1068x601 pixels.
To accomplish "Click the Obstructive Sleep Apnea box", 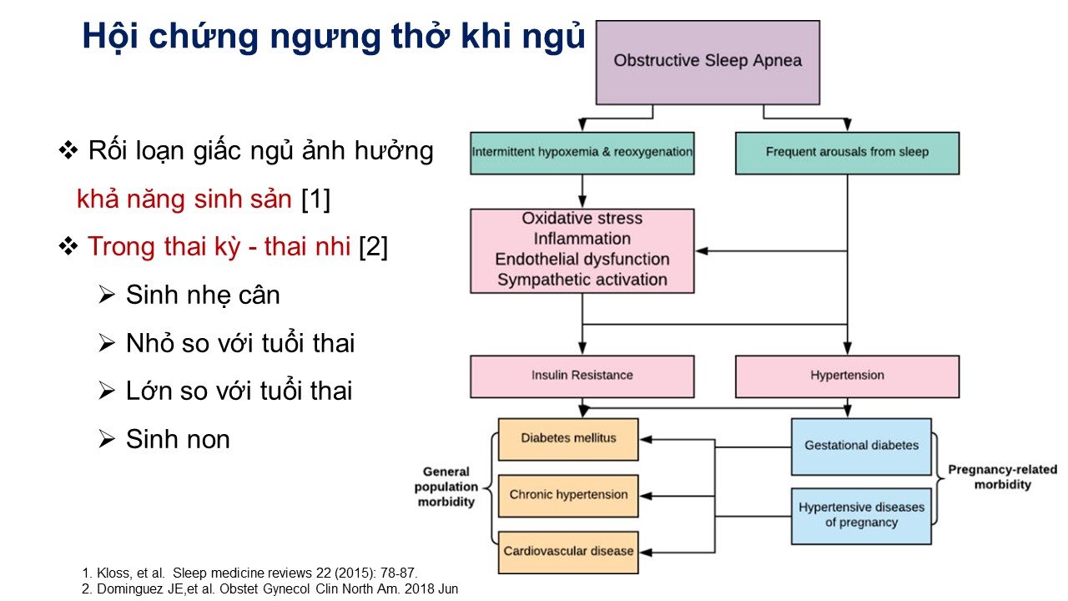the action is pos(708,63).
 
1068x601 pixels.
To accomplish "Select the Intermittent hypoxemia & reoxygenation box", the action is pos(582,153).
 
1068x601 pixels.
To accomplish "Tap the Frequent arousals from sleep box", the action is pos(847,153).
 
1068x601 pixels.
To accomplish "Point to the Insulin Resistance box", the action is pos(582,376).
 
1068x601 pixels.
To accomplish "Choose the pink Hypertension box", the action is pos(847,376).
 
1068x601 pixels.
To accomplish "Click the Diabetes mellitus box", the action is pos(568,439).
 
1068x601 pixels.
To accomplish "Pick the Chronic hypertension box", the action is pos(568,496).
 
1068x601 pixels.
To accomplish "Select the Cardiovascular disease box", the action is pos(568,553).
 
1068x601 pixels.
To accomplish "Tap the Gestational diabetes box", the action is pos(861,447).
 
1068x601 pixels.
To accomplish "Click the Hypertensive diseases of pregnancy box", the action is pos(861,516).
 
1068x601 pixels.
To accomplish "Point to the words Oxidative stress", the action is pos(582,219).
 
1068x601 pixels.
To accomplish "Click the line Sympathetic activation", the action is pos(582,280).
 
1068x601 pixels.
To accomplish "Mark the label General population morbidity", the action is pos(446,487).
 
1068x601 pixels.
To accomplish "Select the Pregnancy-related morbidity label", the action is pos(1002,477).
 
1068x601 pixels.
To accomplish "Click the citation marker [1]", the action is pos(315,199).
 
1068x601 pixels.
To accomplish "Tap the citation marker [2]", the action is pos(373,246).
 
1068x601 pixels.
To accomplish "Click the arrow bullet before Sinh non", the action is pos(107,439).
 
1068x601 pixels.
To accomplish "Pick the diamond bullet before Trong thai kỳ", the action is pos(68,246).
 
